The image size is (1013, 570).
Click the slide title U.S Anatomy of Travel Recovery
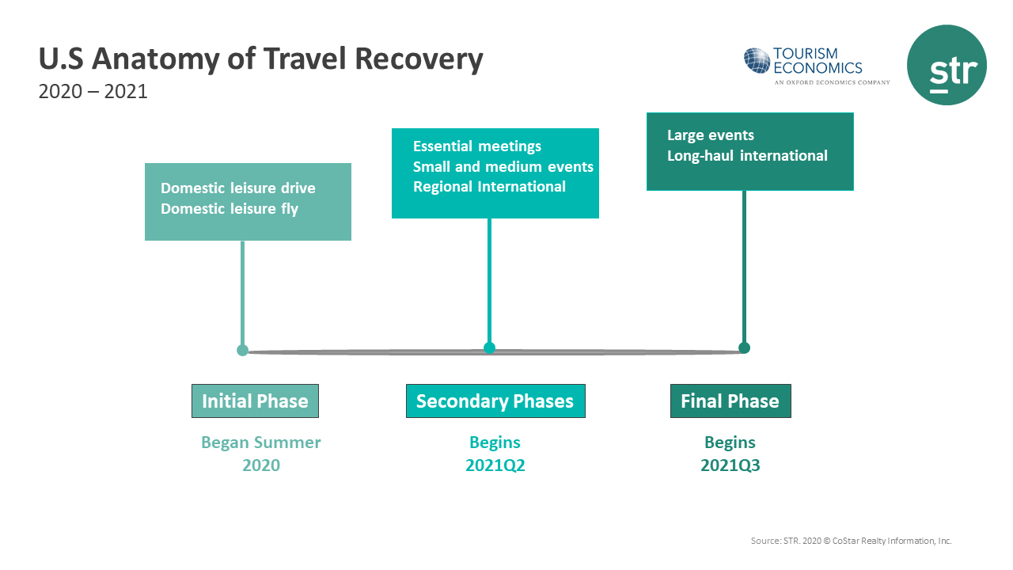coord(260,59)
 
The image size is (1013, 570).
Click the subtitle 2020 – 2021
coord(93,92)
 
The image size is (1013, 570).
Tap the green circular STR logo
coord(946,65)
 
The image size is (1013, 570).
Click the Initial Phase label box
coord(255,401)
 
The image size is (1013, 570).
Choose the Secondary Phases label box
coord(495,401)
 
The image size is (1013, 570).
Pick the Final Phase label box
coord(730,401)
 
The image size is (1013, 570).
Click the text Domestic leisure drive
coord(237,188)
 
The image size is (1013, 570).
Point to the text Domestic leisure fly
coord(230,209)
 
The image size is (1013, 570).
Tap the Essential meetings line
coord(477,146)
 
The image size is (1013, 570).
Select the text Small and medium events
coord(503,167)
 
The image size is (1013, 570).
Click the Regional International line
coord(489,187)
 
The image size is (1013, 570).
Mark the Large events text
coord(710,135)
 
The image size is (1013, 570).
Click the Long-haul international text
coord(747,156)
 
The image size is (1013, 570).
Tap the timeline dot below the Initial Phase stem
coord(242,350)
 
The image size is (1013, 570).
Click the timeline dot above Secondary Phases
coord(489,348)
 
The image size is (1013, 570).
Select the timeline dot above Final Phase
coord(744,348)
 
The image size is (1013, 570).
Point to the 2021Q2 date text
coord(495,465)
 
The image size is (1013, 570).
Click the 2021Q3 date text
coord(730,465)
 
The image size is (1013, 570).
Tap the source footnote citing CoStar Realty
coord(851,541)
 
